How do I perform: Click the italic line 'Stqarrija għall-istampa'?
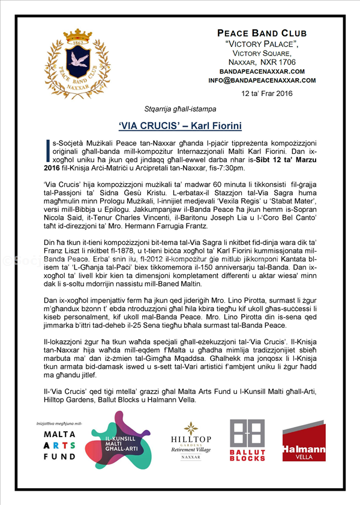click(x=180, y=110)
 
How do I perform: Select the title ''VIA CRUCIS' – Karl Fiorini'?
click(x=179, y=126)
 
